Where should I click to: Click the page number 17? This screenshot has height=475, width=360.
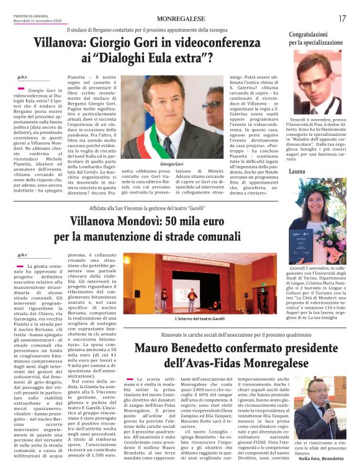tap(342, 19)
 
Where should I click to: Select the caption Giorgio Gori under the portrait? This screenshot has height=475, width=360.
tap(168, 164)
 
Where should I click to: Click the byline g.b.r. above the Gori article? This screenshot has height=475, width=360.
tap(23, 77)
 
